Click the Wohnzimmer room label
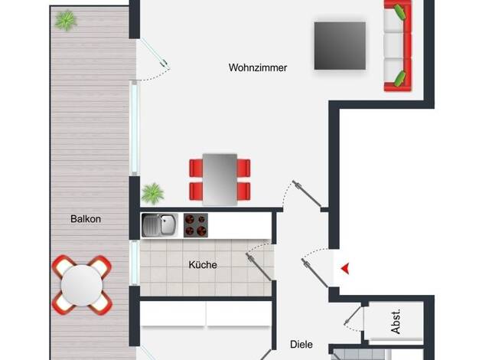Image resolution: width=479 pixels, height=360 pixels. pos(258,67)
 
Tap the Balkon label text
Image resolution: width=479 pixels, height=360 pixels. pos(86,219)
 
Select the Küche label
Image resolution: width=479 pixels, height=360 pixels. pos(203,264)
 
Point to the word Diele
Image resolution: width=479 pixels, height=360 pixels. pos(301,345)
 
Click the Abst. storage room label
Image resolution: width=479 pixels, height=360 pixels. pos(396,322)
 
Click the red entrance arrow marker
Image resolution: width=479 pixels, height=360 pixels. pos(346,269)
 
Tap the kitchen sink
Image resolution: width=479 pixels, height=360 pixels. pos(159,225)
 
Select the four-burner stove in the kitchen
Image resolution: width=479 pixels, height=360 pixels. pos(196,225)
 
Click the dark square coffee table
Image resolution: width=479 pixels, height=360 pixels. pos(340,46)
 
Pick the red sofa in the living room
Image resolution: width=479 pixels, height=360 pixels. pos(398,45)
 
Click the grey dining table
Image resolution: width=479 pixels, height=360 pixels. pos(220,179)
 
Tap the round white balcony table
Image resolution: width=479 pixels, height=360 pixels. pos(82,286)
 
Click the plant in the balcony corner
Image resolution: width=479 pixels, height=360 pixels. pos(66,21)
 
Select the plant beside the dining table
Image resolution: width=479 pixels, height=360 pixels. pos(153,194)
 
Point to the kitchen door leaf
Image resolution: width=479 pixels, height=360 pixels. pos(259,267)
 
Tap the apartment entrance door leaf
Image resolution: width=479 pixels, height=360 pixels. pos(314,273)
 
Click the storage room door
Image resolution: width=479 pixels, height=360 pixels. pos(353,316)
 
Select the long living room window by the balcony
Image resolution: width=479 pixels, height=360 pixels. pos(135,128)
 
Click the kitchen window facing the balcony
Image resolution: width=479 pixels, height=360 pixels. pos(135,263)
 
